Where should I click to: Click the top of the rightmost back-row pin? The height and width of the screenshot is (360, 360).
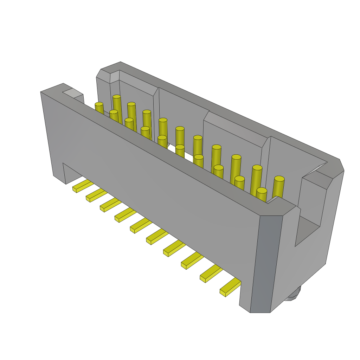(x=279, y=179)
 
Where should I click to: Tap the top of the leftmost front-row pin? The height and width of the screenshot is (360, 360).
(x=99, y=104)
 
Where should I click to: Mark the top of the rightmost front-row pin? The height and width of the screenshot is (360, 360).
(x=262, y=190)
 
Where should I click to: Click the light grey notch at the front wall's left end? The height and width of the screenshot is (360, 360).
(x=72, y=93)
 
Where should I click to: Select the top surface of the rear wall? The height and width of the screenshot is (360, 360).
(x=225, y=109)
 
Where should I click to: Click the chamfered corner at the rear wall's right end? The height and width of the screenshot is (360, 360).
(x=341, y=165)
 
